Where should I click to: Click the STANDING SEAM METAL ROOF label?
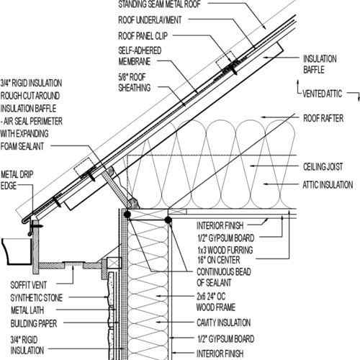pos(159,4)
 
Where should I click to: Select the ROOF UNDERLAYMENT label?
pos(150,20)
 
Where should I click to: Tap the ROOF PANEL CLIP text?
pos(143,36)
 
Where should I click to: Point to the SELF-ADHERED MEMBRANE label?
pos(140,56)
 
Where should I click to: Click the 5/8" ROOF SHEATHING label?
pos(135,82)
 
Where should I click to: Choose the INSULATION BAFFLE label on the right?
pos(320,64)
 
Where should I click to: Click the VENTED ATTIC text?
pos(322,94)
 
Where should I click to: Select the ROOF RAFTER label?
pos(323,118)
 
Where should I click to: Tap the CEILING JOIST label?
pos(323,167)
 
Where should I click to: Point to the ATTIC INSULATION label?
pos(328,185)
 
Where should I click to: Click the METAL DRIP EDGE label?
pos(17,180)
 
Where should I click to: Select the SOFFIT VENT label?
pos(28,285)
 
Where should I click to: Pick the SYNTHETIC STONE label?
pos(37,298)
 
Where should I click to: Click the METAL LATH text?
pos(27,310)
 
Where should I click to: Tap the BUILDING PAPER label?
pos(34,323)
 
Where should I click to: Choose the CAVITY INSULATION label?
pos(224,323)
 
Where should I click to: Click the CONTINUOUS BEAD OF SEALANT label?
pos(224,277)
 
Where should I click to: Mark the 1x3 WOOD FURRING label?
pos(225,250)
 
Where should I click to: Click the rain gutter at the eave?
pos(17,251)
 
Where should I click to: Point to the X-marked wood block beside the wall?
pos(114,263)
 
